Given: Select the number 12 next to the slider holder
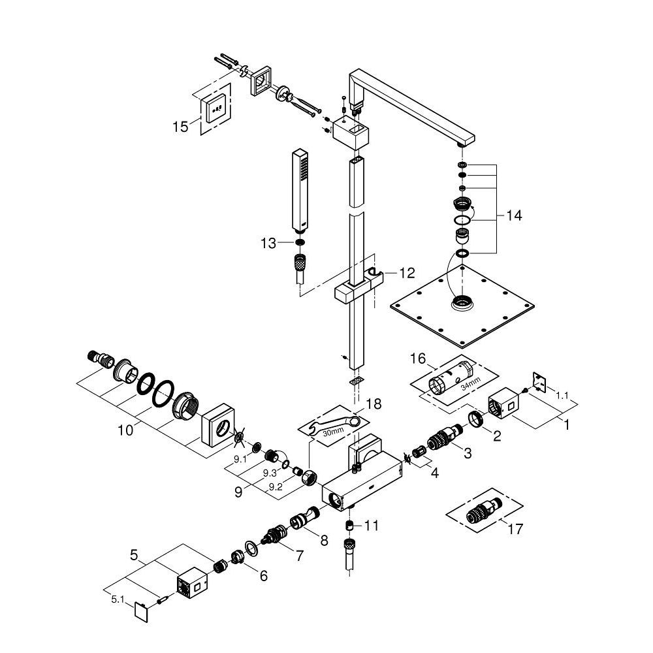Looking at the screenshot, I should pos(406,274).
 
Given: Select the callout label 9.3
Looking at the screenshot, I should pos(270,471).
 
